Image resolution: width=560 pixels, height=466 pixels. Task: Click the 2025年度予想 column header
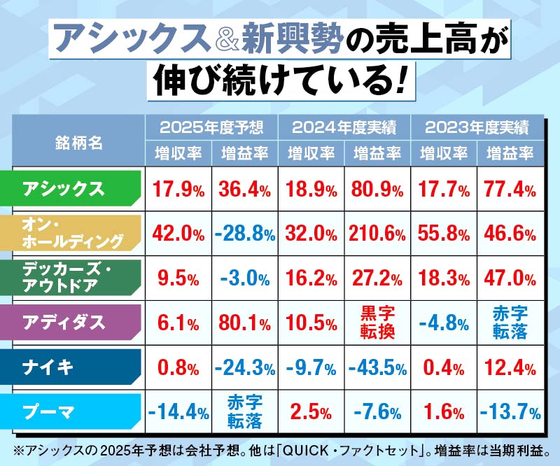[x=211, y=127]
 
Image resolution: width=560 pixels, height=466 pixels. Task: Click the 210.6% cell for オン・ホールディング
[x=377, y=233]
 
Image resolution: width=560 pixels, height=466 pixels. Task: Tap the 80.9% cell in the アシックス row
[x=377, y=188]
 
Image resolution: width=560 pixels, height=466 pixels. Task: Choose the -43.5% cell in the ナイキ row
[x=377, y=367]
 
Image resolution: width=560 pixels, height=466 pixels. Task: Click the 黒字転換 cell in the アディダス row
[x=377, y=322]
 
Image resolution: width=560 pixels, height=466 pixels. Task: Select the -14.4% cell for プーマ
[x=178, y=411]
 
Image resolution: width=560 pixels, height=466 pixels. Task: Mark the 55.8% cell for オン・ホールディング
[x=443, y=233]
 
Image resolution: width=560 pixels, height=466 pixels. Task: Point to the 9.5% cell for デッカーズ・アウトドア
[x=178, y=278]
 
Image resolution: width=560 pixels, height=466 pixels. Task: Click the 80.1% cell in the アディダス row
[x=244, y=322]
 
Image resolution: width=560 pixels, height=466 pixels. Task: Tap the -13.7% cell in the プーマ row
[x=510, y=411]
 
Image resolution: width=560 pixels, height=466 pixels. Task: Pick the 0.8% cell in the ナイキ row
[x=178, y=367]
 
